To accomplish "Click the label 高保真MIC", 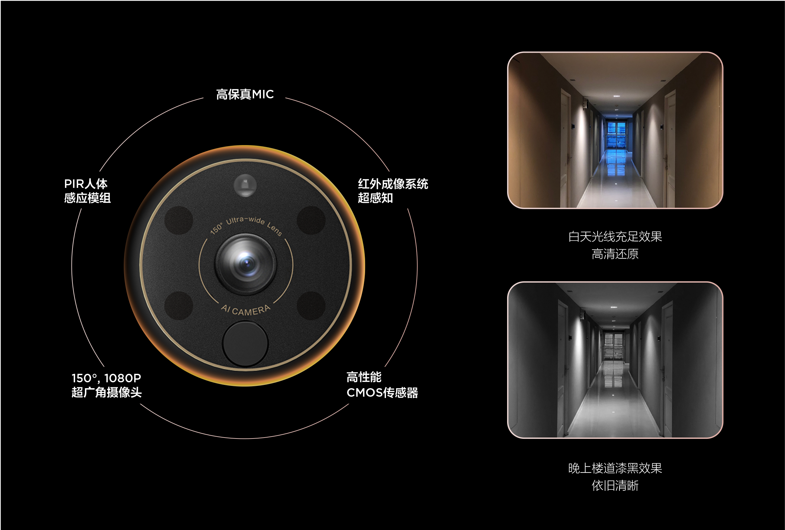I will click(245, 94).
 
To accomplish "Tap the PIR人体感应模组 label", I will click(87, 191).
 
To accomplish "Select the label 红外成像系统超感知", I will click(393, 191).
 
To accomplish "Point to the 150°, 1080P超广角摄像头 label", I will click(106, 385).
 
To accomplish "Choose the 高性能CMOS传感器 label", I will click(382, 385).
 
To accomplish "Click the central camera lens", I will click(246, 264).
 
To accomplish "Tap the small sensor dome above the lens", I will click(245, 185).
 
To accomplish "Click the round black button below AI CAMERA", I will click(245, 343).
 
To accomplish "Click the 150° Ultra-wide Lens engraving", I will click(246, 224).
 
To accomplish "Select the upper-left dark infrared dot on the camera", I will click(179, 220).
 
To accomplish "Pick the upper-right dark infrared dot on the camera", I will click(311, 220).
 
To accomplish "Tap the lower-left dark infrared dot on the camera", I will click(179, 306).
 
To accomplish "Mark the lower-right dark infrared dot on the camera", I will click(311, 306).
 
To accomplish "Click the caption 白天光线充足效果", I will click(615, 237).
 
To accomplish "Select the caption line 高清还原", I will click(615, 254).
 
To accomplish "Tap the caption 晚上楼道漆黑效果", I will click(615, 468).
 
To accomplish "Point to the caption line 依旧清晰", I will click(615, 486).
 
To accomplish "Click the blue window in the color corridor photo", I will click(617, 135).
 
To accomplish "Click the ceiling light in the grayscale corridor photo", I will click(614, 307).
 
